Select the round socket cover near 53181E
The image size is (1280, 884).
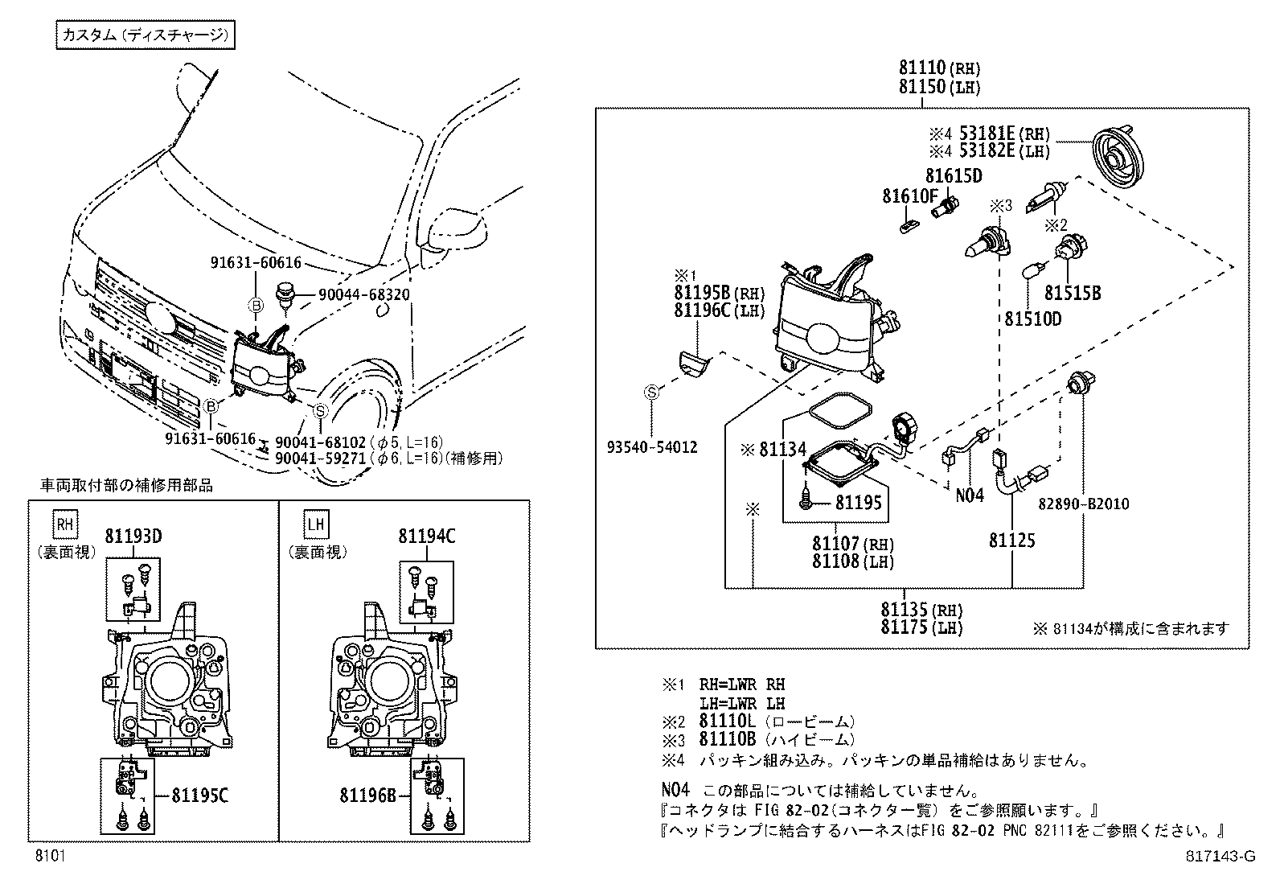1118,158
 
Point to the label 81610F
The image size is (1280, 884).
909,195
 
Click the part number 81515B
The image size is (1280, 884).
1072,294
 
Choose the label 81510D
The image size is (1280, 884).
1032,319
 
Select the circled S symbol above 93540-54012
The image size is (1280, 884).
651,393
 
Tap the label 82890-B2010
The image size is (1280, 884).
1083,504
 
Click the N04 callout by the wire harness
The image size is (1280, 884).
969,495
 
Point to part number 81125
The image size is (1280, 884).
1011,541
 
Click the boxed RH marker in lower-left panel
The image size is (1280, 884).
66,525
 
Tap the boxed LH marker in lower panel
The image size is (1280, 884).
317,525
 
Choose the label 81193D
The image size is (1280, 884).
133,536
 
